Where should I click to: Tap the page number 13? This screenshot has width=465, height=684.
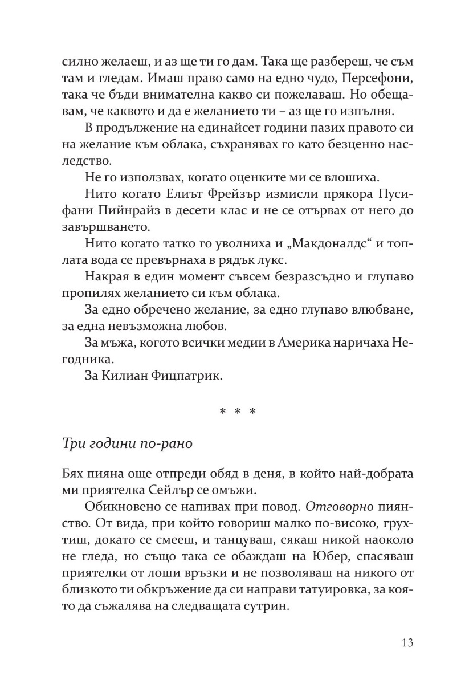407,643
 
